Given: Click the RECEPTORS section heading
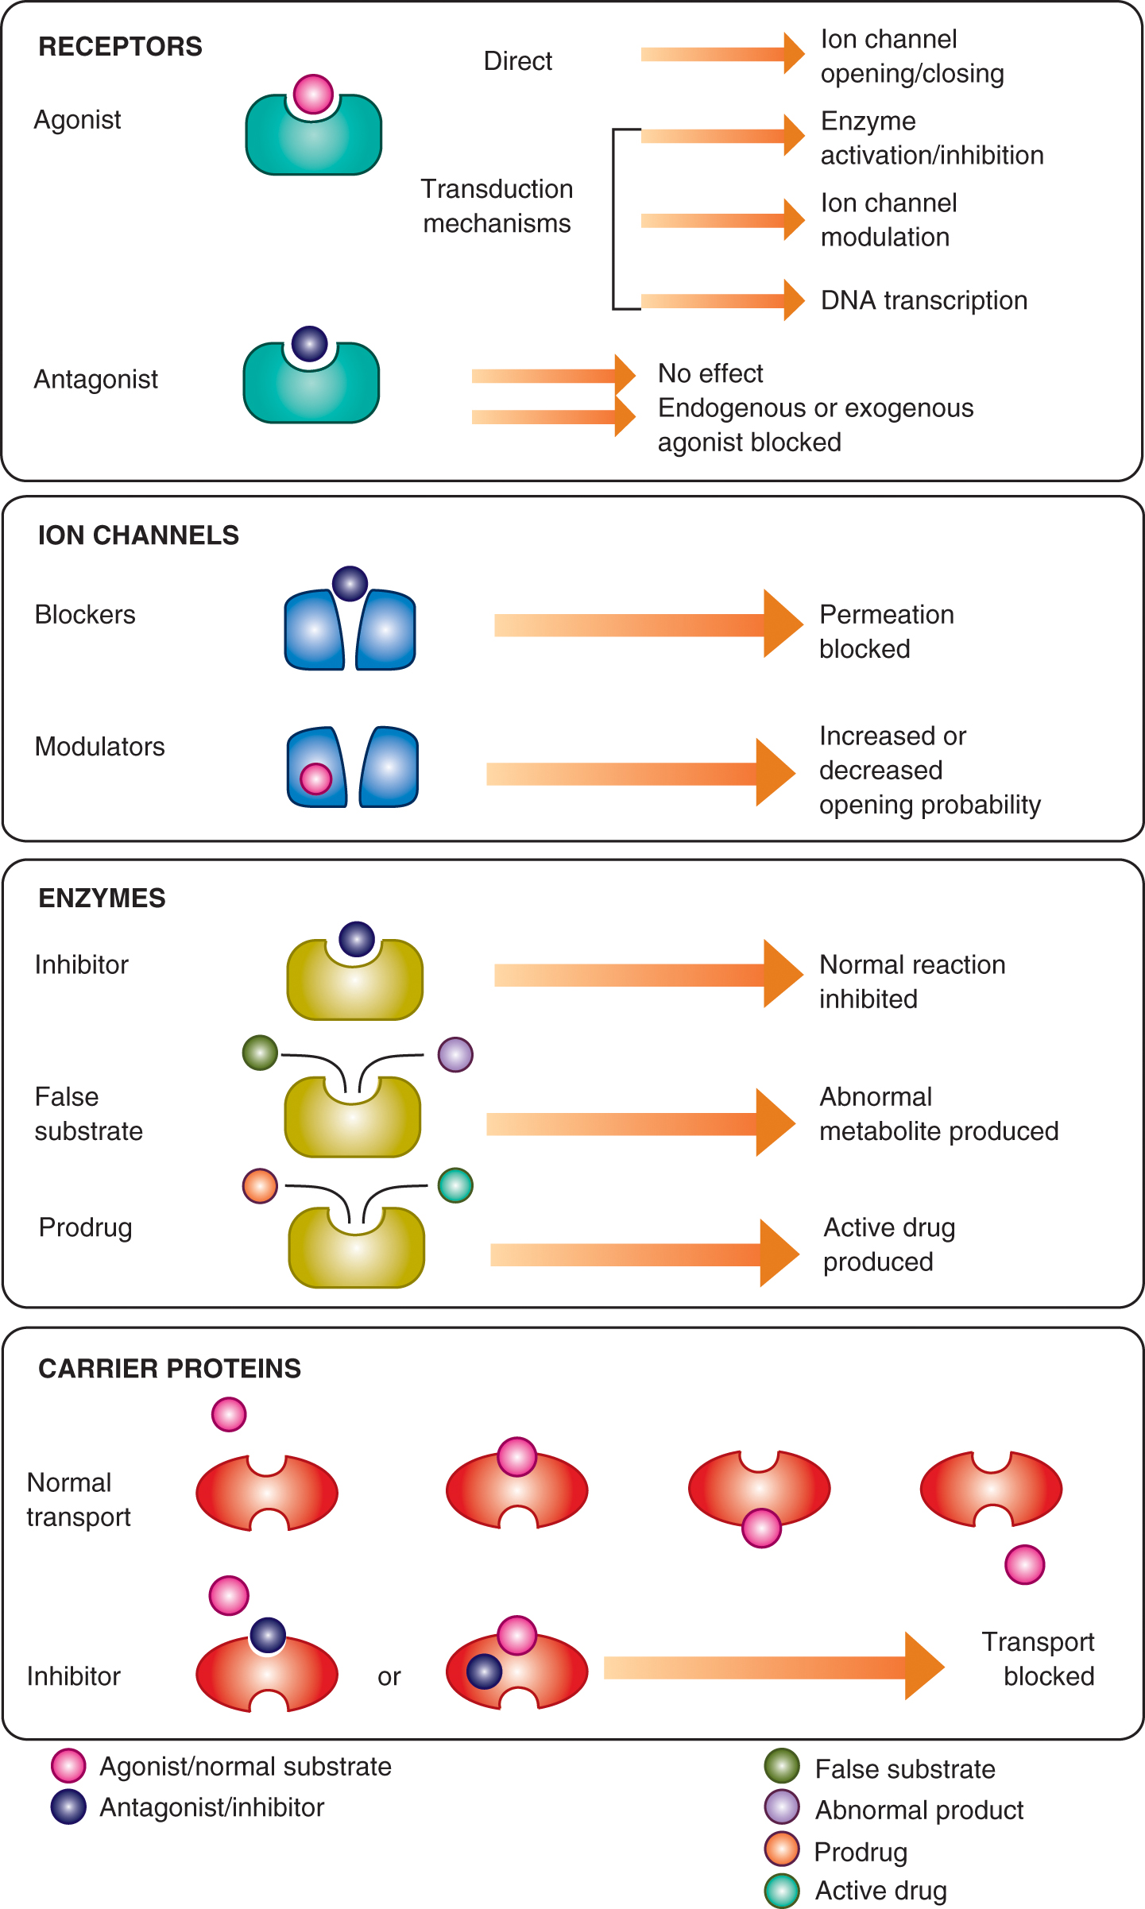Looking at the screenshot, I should tap(120, 47).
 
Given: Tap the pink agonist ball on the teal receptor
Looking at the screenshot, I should tap(313, 94).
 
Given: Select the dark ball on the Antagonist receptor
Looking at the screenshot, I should tap(310, 344).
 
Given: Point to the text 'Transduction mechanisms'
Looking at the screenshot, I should tap(497, 206).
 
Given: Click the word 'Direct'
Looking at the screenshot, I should tap(517, 61).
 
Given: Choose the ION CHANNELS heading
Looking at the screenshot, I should tap(138, 535).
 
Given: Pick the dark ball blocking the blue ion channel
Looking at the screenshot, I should tap(350, 584).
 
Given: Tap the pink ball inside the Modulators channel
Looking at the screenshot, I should tap(315, 779).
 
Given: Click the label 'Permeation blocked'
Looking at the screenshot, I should tap(886, 632).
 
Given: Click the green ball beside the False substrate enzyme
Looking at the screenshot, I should tap(260, 1053).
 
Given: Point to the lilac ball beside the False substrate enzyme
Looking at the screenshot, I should tap(455, 1054).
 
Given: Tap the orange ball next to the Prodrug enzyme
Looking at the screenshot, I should tap(260, 1186).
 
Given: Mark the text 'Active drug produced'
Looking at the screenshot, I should tap(888, 1244).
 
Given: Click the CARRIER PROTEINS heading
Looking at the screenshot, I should tap(169, 1368).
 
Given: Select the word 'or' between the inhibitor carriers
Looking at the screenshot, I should tap(389, 1676).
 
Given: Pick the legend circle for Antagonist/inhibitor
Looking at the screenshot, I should tap(68, 1807).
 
